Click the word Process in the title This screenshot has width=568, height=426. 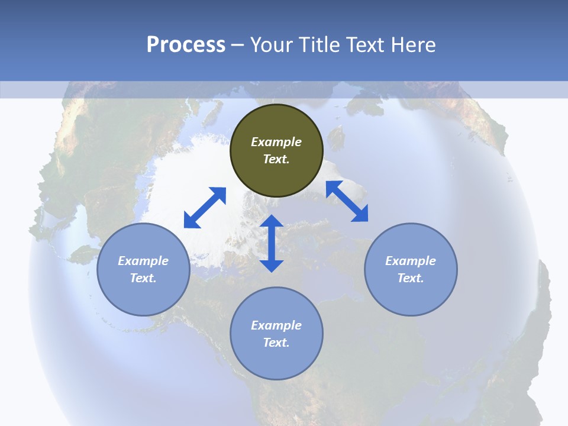point(186,45)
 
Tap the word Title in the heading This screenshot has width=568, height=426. point(321,45)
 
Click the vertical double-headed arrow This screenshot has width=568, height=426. point(272,243)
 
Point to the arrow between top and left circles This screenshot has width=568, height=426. point(205,208)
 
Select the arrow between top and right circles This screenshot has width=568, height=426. point(347,201)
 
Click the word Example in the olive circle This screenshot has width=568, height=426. point(276,142)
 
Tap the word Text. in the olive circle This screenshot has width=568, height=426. point(276,159)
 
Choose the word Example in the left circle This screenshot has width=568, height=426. point(143,261)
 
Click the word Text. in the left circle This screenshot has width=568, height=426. point(143,278)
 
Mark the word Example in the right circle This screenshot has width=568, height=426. point(411,261)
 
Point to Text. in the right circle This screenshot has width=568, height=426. point(411,278)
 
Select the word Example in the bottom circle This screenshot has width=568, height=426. point(276,325)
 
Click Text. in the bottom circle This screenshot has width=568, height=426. point(276,343)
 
